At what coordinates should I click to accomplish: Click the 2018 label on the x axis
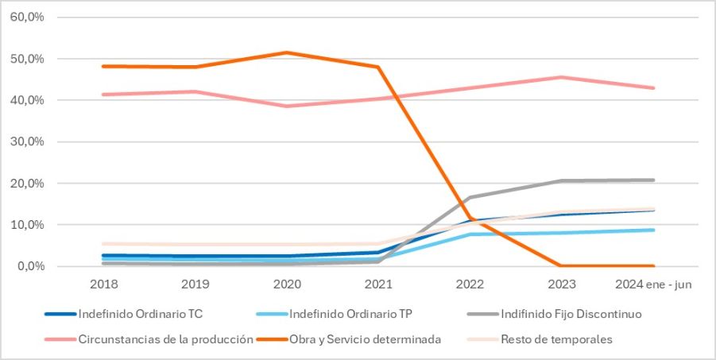coord(104,284)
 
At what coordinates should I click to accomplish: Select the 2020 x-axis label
coord(287,284)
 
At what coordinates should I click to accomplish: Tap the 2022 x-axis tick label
coord(470,284)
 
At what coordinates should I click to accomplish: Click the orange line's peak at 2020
coord(287,52)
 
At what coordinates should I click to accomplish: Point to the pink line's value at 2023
coord(561,77)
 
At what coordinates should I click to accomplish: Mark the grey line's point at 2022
coord(470,197)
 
